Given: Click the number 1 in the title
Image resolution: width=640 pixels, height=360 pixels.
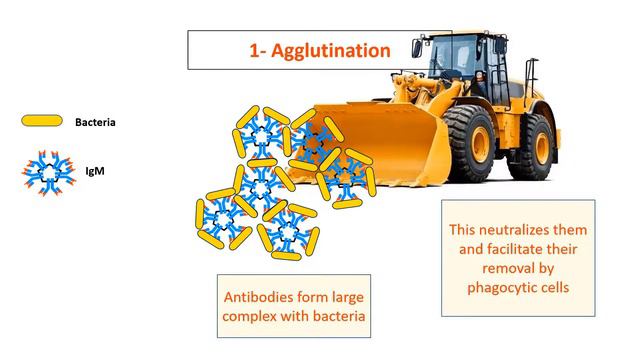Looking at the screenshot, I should pos(253,49).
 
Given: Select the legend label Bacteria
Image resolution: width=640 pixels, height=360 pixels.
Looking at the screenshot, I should pos(97,122).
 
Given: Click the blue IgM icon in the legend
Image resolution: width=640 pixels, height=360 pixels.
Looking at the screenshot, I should pos(41,172).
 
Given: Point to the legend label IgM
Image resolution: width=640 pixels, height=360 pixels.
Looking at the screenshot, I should pos(84,172).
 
